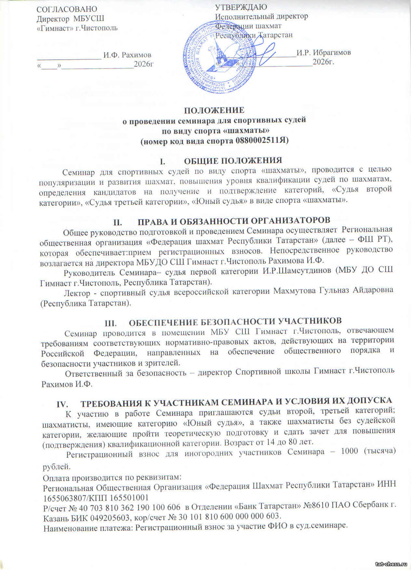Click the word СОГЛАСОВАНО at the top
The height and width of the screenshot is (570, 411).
pos(67,9)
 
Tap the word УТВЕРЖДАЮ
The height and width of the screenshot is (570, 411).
pos(241,7)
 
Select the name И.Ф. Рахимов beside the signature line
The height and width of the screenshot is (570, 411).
pos(127,55)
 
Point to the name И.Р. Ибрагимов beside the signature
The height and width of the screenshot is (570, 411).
pos(324,52)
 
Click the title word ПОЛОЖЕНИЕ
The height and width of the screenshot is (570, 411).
pos(214,110)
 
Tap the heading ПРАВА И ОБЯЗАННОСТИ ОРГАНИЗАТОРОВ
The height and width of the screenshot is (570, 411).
pos(233,221)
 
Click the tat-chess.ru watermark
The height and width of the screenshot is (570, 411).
pos(391,564)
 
